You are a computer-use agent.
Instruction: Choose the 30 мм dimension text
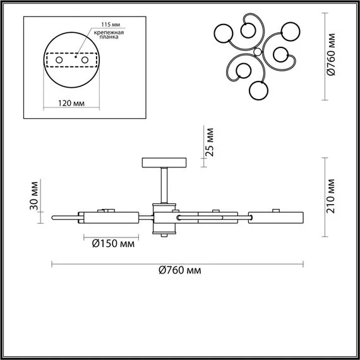click(x=35, y=198)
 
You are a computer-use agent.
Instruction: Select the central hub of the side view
click(x=165, y=217)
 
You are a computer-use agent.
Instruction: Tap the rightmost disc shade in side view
click(x=275, y=217)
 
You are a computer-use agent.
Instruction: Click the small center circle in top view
click(x=258, y=51)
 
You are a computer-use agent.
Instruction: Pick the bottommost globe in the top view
click(x=258, y=91)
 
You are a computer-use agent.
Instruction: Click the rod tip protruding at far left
click(x=57, y=217)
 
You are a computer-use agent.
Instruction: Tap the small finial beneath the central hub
click(x=165, y=236)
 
